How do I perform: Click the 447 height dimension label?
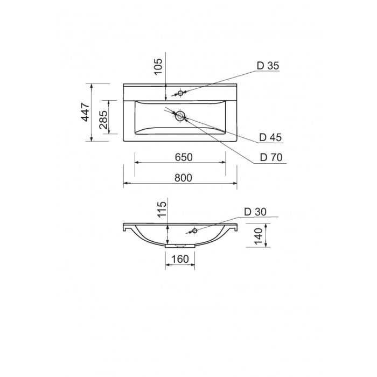(85, 112)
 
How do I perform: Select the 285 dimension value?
(103, 120)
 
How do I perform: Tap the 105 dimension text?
(158, 67)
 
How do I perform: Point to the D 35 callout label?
(268, 66)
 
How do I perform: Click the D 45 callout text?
(270, 137)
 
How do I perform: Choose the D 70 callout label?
(271, 157)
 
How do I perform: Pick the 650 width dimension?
(184, 157)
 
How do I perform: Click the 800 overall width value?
(183, 178)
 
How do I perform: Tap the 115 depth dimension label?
(162, 209)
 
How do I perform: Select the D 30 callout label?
(255, 212)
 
